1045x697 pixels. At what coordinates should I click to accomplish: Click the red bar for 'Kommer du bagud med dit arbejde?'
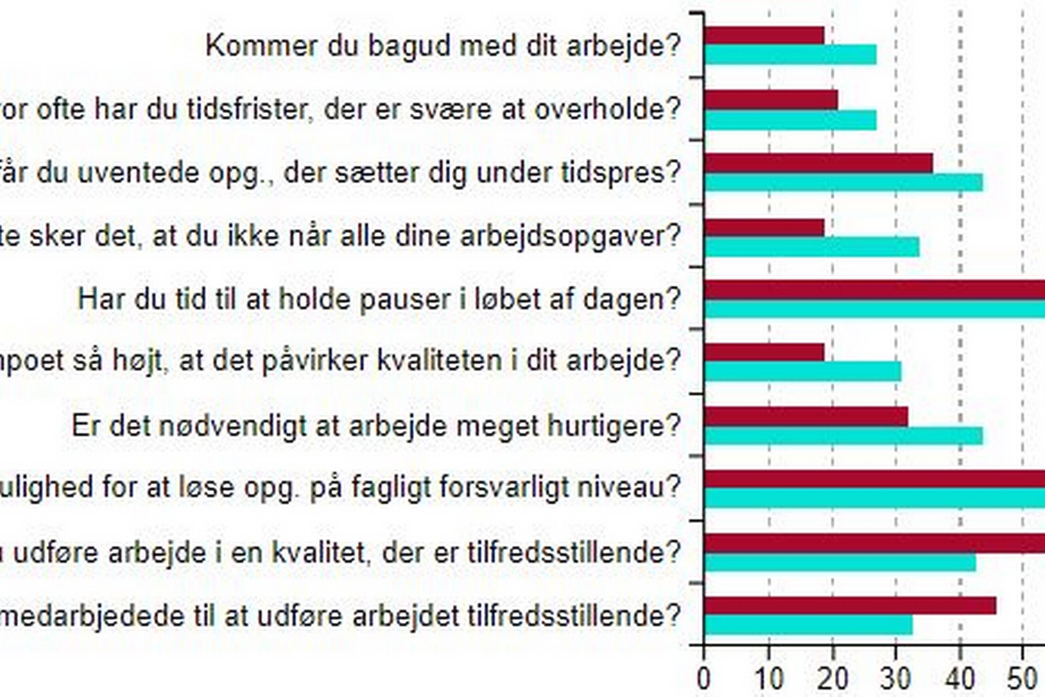coord(764,35)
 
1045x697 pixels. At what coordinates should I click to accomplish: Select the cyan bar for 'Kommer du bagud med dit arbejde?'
coord(791,55)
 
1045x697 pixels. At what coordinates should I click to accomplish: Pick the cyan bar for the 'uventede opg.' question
coord(844,182)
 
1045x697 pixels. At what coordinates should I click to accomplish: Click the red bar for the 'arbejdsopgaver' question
coord(764,227)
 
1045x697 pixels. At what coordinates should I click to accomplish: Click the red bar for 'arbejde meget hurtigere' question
coord(807,416)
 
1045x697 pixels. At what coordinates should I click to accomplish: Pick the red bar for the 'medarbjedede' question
coord(850,606)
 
